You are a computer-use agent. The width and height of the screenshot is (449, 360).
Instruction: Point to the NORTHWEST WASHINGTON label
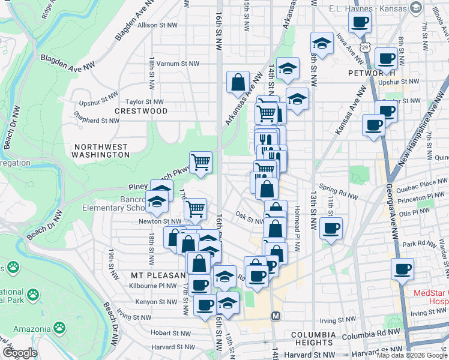[x=100, y=151]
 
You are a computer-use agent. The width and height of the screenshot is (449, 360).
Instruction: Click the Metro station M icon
[x=276, y=316]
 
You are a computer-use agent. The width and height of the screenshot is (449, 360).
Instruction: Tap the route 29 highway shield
[x=365, y=47]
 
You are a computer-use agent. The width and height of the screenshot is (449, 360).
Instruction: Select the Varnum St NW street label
[x=178, y=63]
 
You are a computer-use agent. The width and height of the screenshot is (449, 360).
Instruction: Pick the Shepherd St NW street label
[x=96, y=121]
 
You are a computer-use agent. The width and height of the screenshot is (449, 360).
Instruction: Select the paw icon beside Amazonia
[x=59, y=327]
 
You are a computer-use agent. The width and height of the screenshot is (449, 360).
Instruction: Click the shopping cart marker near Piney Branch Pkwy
[x=201, y=161]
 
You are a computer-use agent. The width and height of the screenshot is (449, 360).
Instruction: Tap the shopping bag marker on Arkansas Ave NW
[x=238, y=82]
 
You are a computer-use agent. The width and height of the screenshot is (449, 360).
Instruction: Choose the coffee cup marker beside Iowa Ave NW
[x=360, y=23]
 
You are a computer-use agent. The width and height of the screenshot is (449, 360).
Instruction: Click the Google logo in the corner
[x=20, y=353]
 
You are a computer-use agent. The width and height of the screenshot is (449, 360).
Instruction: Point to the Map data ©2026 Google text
[x=412, y=355]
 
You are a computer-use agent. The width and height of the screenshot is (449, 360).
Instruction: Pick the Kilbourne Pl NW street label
[x=154, y=286]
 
